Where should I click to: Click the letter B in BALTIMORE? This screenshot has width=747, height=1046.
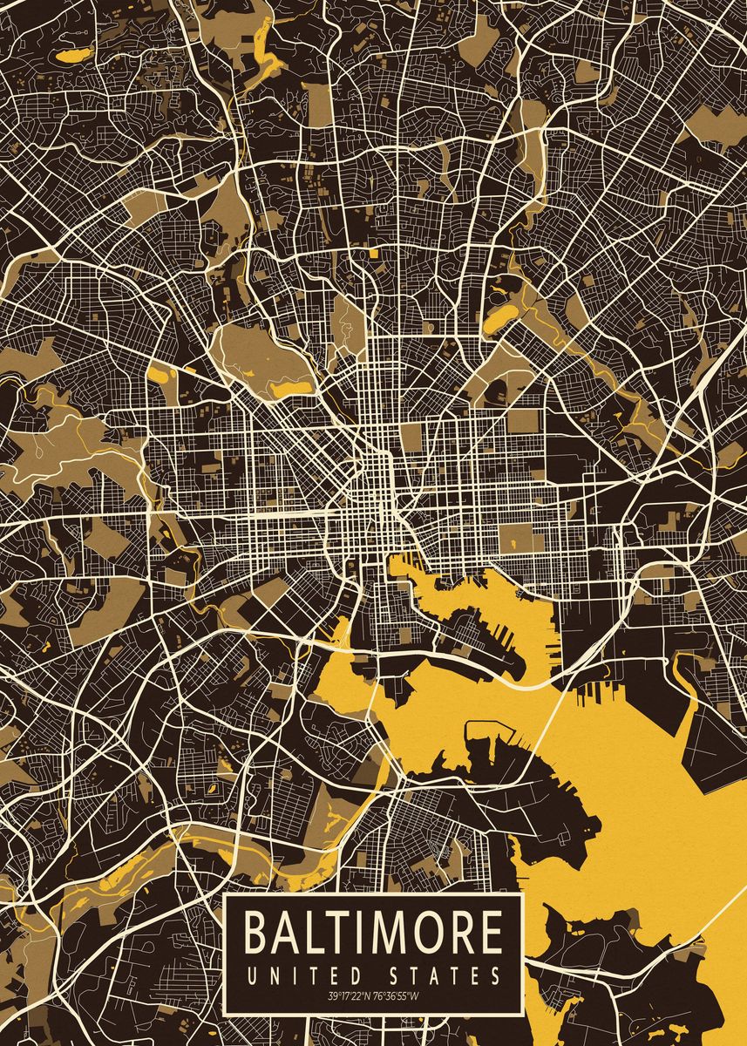[257, 932]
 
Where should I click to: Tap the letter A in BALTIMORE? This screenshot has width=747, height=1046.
[288, 932]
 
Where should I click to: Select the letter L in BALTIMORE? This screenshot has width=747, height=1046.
[315, 932]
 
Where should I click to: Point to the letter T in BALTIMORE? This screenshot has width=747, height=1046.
[339, 932]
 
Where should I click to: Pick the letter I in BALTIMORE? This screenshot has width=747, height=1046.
[359, 932]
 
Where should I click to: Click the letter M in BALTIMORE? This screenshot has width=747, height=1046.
[386, 932]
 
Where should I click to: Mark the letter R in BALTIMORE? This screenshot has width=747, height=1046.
[458, 932]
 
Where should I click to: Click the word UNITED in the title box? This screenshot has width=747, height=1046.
[293, 975]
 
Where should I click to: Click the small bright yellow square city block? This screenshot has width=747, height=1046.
[374, 253]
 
